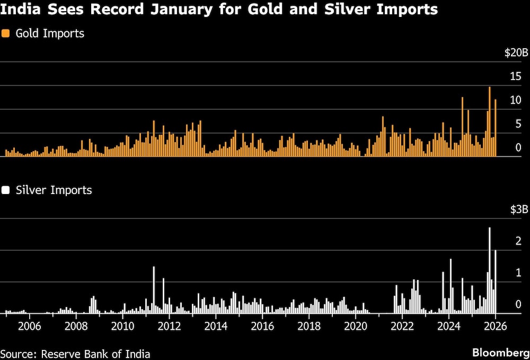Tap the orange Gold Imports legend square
click(x=6, y=33)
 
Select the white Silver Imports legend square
click(x=6, y=190)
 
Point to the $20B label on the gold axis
click(x=516, y=53)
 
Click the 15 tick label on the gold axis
click(x=516, y=76)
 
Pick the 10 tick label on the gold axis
click(x=516, y=100)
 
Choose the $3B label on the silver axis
click(x=519, y=209)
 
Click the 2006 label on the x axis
click(x=29, y=326)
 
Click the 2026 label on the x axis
click(x=495, y=326)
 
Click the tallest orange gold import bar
click(x=490, y=122)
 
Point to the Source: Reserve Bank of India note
click(x=75, y=354)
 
